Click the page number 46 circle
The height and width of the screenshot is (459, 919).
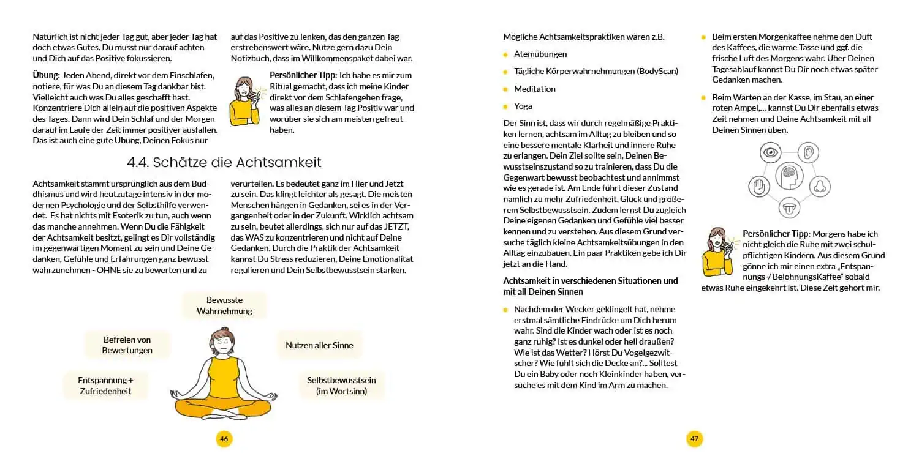coord(224,438)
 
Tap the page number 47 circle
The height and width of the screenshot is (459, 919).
coord(694,438)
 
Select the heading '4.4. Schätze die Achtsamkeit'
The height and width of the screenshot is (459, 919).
coord(224,162)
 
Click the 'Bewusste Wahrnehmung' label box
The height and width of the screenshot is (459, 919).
coord(224,305)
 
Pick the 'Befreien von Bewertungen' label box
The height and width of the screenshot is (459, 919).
coord(127,345)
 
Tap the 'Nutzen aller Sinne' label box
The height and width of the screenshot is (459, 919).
coord(319,345)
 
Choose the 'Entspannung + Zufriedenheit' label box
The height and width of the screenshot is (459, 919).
coord(105,386)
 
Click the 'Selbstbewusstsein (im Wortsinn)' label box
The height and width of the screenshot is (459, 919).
coord(341,386)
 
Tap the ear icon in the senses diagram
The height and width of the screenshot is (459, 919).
coord(811,152)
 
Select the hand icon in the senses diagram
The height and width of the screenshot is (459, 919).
coord(758,185)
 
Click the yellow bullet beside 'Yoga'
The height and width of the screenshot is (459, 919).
coord(505,106)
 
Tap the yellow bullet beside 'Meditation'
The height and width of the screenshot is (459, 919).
coord(505,89)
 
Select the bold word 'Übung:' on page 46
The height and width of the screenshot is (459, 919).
coord(46,75)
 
